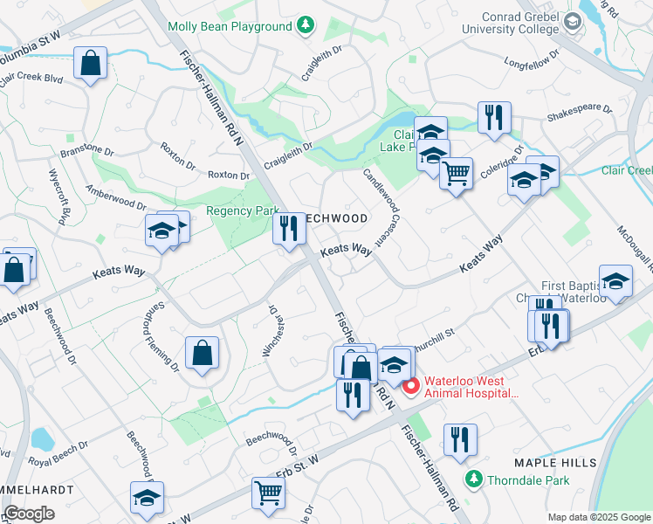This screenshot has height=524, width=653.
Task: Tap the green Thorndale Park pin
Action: (474, 479)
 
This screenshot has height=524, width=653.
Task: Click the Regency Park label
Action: (241, 210)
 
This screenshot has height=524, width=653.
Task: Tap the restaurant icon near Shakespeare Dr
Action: (494, 117)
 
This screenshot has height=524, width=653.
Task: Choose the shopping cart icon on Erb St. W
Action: (268, 493)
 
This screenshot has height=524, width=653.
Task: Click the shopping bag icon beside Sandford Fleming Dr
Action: (202, 353)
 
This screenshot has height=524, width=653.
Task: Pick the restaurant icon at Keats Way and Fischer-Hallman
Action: (289, 229)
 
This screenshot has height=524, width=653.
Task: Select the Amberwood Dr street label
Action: (116, 196)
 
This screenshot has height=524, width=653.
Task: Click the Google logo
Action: (29, 514)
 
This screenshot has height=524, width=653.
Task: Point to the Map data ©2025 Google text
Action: (598, 517)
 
